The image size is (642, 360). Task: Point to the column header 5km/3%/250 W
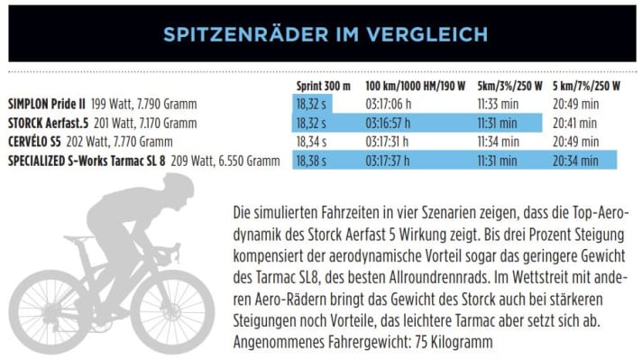point(509,87)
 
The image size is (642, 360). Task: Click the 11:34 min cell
point(495,142)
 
